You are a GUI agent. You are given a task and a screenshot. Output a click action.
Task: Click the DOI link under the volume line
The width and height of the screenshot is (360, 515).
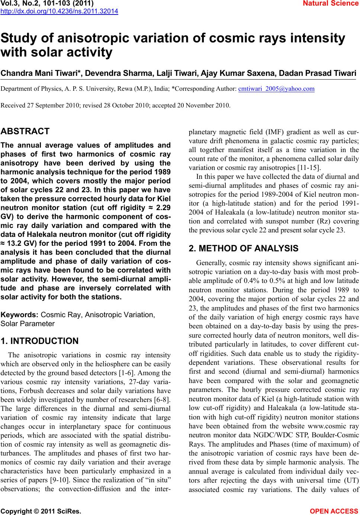coord(60,11)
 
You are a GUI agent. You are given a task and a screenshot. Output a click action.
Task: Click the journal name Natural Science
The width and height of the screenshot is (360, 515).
coord(335,4)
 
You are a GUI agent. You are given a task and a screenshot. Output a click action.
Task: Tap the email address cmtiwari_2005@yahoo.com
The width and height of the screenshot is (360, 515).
coord(276,89)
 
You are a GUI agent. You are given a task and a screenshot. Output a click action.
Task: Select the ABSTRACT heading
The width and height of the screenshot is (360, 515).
coord(25,131)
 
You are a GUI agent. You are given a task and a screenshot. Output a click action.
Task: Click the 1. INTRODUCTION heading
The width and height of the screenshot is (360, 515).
coord(40,341)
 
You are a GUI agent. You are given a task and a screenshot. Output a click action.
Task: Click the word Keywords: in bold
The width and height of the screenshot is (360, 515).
coord(20,315)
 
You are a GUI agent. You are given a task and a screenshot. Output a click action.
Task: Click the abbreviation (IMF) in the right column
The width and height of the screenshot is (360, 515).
coord(273,132)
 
